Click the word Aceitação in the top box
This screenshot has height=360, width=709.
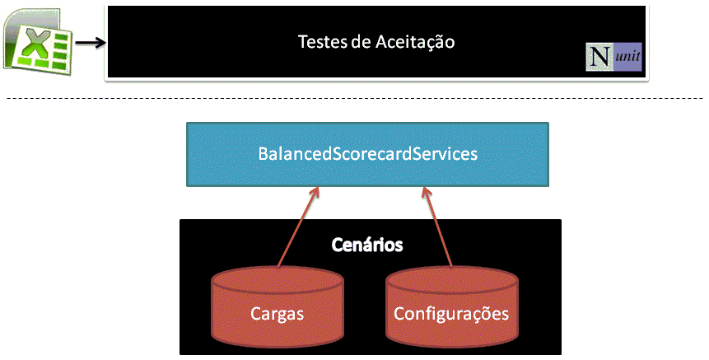click(x=418, y=40)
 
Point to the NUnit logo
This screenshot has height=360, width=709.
click(x=613, y=57)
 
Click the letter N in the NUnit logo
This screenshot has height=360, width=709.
click(x=599, y=58)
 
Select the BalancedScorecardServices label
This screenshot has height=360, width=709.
click(x=367, y=154)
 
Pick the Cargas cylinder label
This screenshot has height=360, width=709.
click(x=277, y=314)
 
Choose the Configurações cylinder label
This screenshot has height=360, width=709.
click(x=451, y=314)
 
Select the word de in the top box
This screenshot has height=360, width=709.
click(x=360, y=40)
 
